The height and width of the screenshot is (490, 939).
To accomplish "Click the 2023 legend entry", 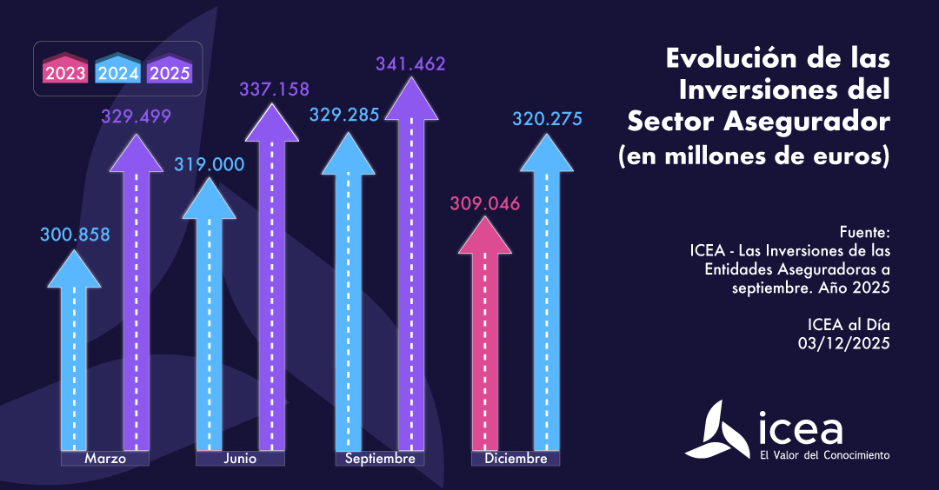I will (66, 71).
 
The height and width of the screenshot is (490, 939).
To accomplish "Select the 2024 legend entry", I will (118, 71).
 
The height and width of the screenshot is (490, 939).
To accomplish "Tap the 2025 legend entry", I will (170, 71).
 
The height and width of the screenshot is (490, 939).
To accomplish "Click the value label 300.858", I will (75, 234).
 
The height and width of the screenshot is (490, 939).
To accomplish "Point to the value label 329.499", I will (136, 116).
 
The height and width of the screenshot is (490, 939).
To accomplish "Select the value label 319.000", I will (210, 164).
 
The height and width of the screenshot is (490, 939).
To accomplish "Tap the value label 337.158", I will (275, 89).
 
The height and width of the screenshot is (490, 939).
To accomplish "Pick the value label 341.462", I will (410, 63).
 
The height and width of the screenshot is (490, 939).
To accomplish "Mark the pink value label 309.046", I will (484, 205).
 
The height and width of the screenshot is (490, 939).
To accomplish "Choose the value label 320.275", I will (547, 119).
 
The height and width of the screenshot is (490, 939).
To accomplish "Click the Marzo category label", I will (105, 458).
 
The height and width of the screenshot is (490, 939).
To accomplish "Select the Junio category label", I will (240, 458).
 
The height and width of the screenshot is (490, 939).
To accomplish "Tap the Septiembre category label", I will (380, 458).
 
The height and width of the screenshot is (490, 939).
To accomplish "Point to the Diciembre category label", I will (516, 458).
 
